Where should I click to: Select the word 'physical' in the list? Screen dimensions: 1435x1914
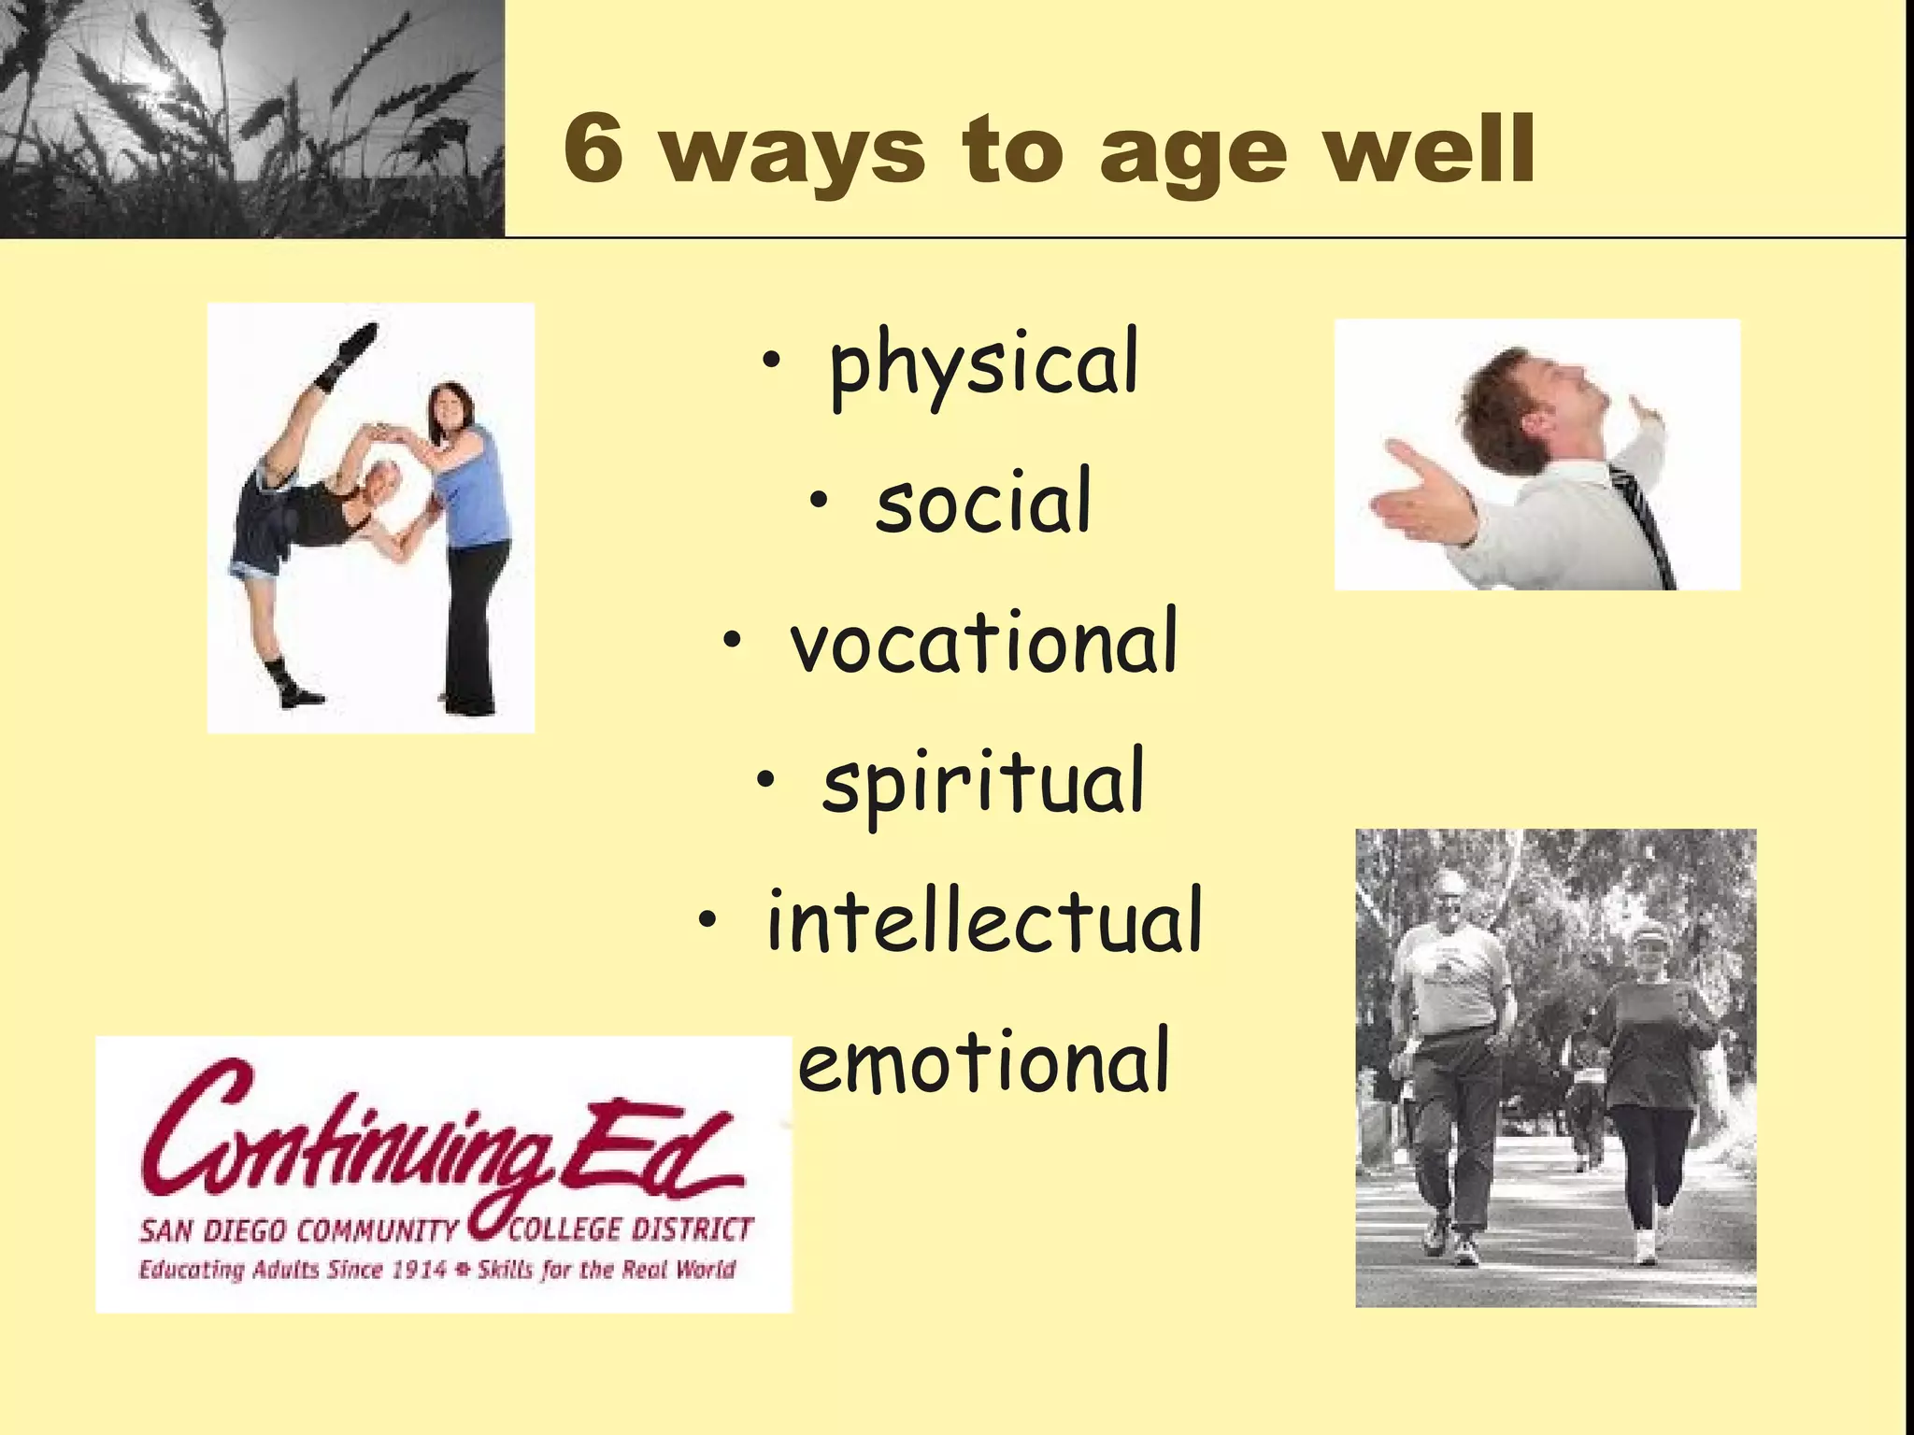coord(983,365)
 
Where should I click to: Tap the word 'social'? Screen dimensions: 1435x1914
coord(983,503)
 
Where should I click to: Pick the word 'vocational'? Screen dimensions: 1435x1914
coord(983,643)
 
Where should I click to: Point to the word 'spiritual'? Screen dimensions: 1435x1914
coord(983,783)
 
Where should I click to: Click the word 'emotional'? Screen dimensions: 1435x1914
coord(983,1061)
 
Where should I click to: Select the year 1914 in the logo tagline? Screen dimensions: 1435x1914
coord(417,1270)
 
